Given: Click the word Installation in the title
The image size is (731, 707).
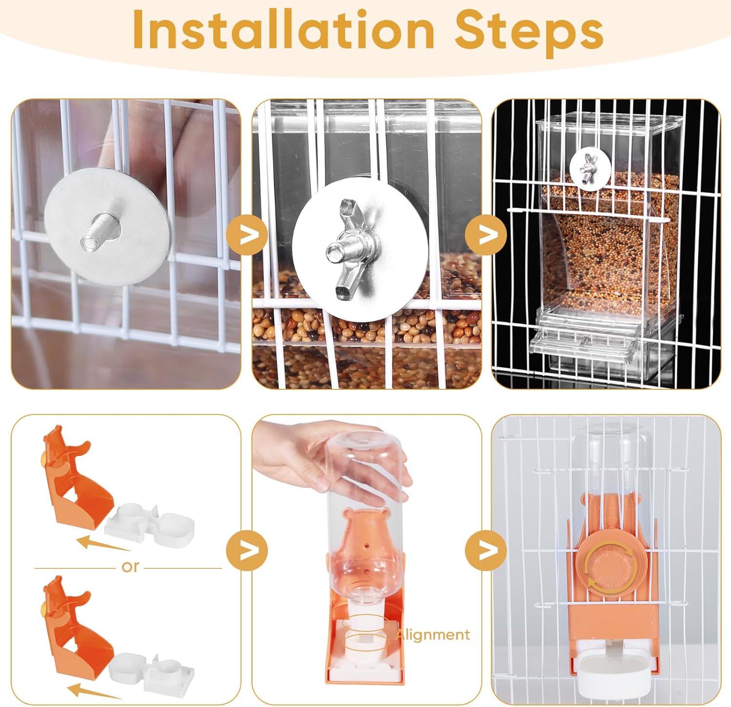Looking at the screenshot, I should click(x=283, y=30).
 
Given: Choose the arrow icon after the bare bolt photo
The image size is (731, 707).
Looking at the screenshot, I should click(x=247, y=236).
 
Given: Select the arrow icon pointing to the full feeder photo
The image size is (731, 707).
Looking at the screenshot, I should click(x=486, y=236).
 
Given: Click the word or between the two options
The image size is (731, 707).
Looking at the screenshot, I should click(x=130, y=567).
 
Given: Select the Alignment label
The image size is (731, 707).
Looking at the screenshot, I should click(x=433, y=634).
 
